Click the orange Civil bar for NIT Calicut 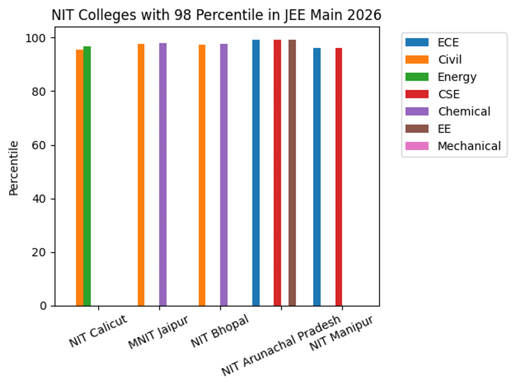coord(80,178)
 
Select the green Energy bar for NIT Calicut coord(87,176)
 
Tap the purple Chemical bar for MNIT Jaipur coord(163,174)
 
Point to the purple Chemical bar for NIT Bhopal coord(224,175)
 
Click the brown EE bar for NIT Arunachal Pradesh coord(292,173)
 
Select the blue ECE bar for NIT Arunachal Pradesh coord(256,173)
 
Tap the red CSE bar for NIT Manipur coord(339,177)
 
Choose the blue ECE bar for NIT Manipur coord(317,177)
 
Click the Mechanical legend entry coord(469,146)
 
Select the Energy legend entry coord(457,77)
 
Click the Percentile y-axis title coord(14,168)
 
